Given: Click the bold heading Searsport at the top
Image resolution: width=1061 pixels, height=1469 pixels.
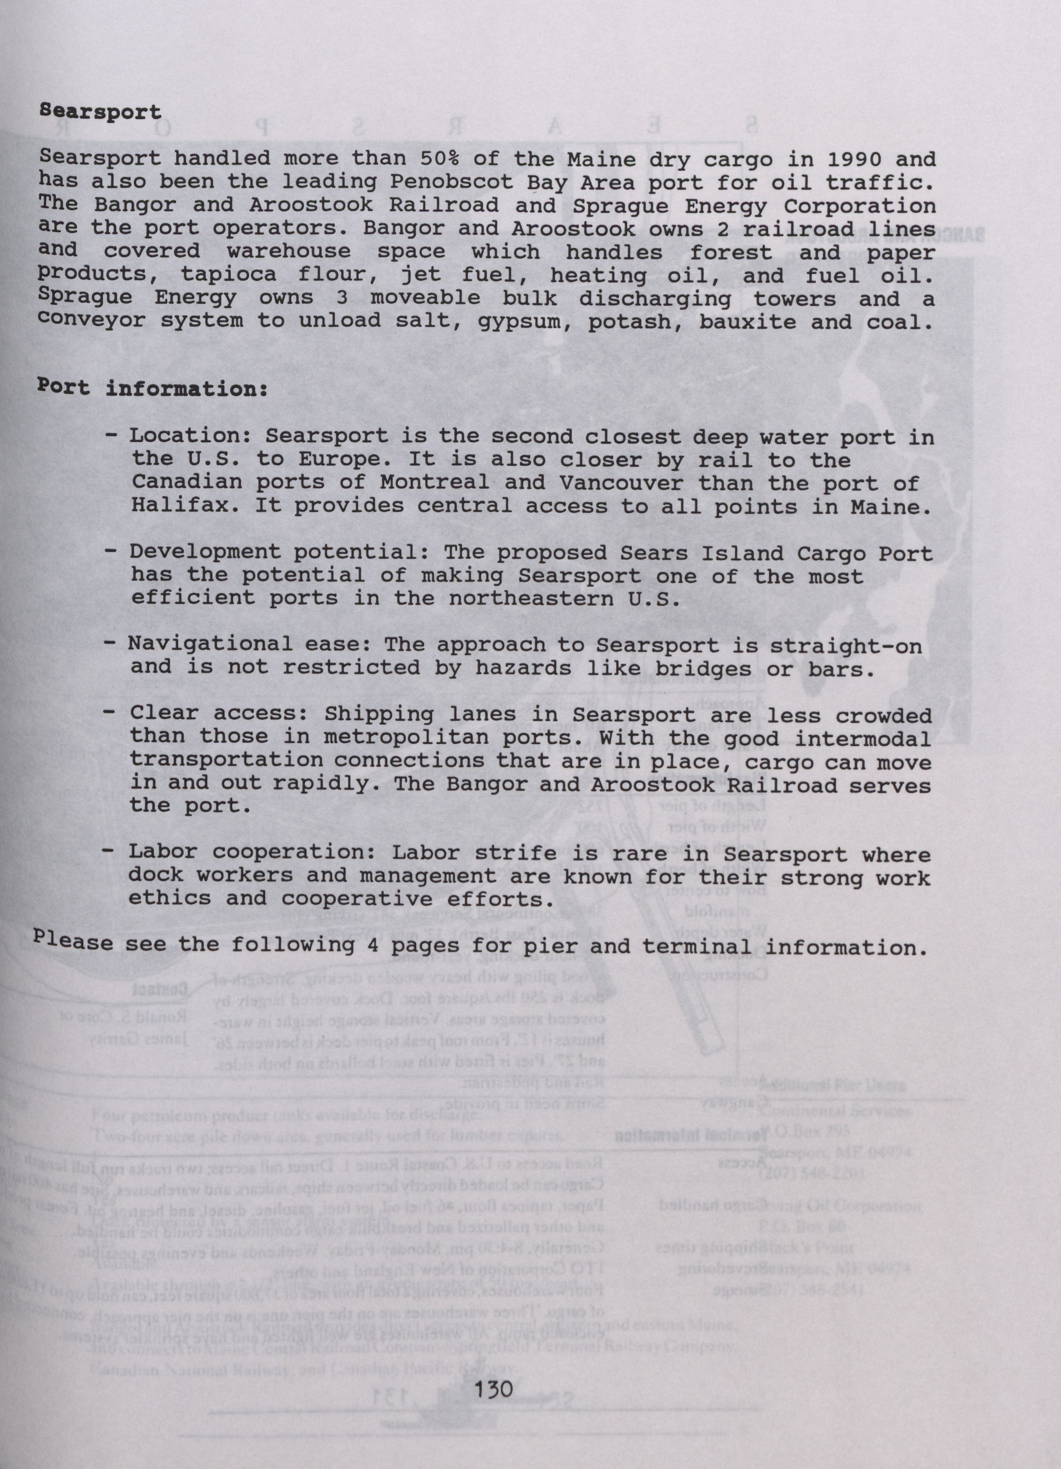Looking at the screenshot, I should coord(100,112).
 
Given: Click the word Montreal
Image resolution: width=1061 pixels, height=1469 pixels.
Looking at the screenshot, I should coord(435,483).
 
